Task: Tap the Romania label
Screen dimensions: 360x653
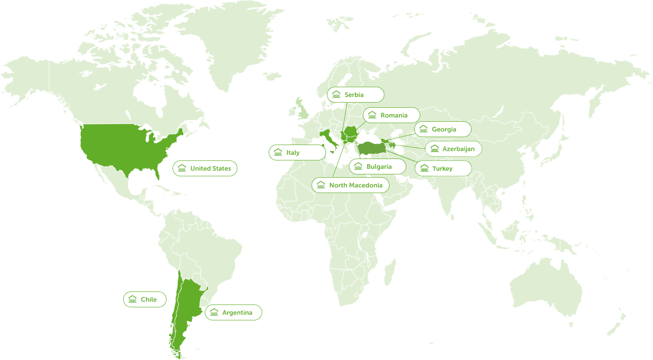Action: [392, 115]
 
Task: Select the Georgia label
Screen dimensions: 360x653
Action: [443, 129]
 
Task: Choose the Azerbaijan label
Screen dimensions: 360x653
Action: [453, 149]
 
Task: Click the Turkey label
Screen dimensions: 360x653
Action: [443, 168]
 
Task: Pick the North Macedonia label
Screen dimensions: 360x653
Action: [350, 185]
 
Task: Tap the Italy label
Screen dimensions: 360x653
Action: [297, 152]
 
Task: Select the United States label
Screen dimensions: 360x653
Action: [205, 168]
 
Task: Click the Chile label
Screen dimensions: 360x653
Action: [145, 299]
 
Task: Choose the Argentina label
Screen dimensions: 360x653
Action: [233, 312]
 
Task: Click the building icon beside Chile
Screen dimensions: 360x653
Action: [132, 299]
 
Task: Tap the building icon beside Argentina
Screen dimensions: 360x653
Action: [214, 312]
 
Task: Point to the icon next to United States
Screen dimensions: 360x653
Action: [182, 168]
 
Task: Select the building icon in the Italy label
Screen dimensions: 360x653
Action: [278, 152]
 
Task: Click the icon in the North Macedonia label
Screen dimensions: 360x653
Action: [321, 185]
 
